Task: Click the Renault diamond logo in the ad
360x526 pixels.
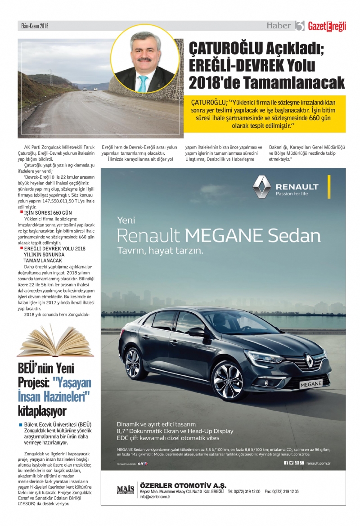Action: [261, 187]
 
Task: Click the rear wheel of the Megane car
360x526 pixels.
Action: [134, 363]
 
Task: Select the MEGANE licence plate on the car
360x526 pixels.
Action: [310, 384]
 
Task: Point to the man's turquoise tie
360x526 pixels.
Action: [143, 83]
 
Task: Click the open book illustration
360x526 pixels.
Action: [55, 341]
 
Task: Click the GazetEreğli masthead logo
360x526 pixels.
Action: [327, 27]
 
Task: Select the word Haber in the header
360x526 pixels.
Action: [279, 26]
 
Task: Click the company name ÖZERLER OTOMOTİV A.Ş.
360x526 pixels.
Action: [183, 485]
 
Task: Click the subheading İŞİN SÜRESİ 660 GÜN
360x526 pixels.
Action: [48, 212]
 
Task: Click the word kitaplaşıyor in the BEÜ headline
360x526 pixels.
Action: [42, 411]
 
